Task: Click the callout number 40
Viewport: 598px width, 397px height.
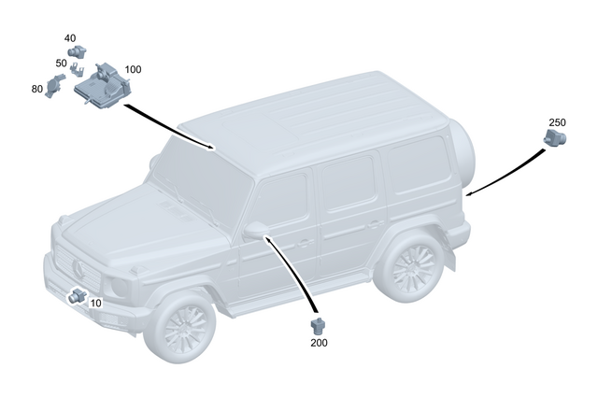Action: [70, 38]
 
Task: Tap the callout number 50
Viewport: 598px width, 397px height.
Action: [61, 64]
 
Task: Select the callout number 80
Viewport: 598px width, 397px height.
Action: [37, 90]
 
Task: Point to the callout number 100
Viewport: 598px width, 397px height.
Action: [133, 70]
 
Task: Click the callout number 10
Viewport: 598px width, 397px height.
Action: [96, 304]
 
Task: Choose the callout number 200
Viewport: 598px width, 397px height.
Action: [320, 343]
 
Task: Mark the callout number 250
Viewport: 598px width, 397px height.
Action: [557, 122]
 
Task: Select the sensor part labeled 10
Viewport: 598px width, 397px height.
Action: [77, 297]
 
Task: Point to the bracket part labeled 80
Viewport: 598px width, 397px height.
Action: [55, 85]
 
